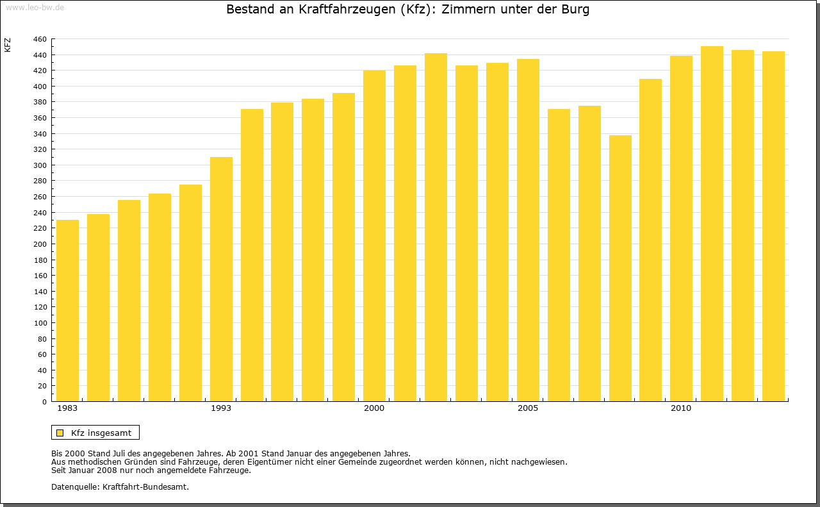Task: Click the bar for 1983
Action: click(67, 311)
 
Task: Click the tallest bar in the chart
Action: click(712, 224)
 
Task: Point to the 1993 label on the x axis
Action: click(221, 408)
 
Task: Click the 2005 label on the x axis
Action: click(528, 408)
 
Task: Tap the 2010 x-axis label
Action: click(681, 408)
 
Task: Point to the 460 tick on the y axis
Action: click(40, 39)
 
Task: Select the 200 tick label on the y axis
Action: click(40, 244)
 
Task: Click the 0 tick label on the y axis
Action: click(44, 402)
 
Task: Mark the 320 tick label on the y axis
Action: click(40, 149)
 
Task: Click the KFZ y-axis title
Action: click(8, 45)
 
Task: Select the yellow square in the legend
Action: click(60, 433)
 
